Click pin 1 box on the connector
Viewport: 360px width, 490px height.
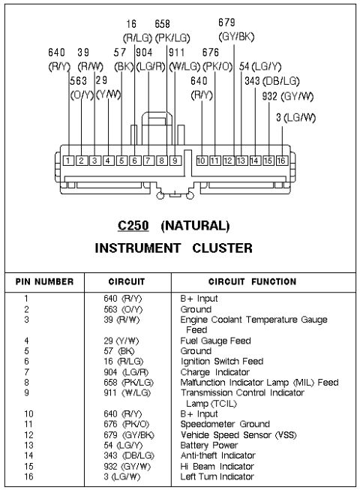pos(68,161)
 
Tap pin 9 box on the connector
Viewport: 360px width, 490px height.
pos(175,161)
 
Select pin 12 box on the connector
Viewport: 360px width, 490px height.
pos(228,161)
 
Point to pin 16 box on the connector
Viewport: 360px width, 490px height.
pos(281,161)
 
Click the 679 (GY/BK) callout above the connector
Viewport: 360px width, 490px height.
pos(236,30)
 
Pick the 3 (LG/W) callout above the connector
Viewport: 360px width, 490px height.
pos(295,118)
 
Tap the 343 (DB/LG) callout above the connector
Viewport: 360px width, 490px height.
pos(272,81)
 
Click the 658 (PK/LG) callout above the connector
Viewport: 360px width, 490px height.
pos(172,32)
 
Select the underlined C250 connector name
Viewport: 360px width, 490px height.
pos(133,225)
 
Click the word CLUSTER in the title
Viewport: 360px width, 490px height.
pos(222,248)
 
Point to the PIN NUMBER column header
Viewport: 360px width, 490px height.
pos(45,281)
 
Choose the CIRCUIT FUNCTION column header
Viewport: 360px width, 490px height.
pos(252,281)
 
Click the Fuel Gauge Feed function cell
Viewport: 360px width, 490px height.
pos(216,341)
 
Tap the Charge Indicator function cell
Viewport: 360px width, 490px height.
pos(215,372)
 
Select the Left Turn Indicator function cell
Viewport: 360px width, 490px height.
pos(217,476)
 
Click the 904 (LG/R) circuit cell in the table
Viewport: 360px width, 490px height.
pos(126,372)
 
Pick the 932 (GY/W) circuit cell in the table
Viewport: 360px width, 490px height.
pos(127,467)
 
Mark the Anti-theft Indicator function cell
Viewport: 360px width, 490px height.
pos(218,455)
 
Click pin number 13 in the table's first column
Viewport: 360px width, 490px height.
pos(28,445)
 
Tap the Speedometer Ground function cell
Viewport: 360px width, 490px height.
pos(225,424)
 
